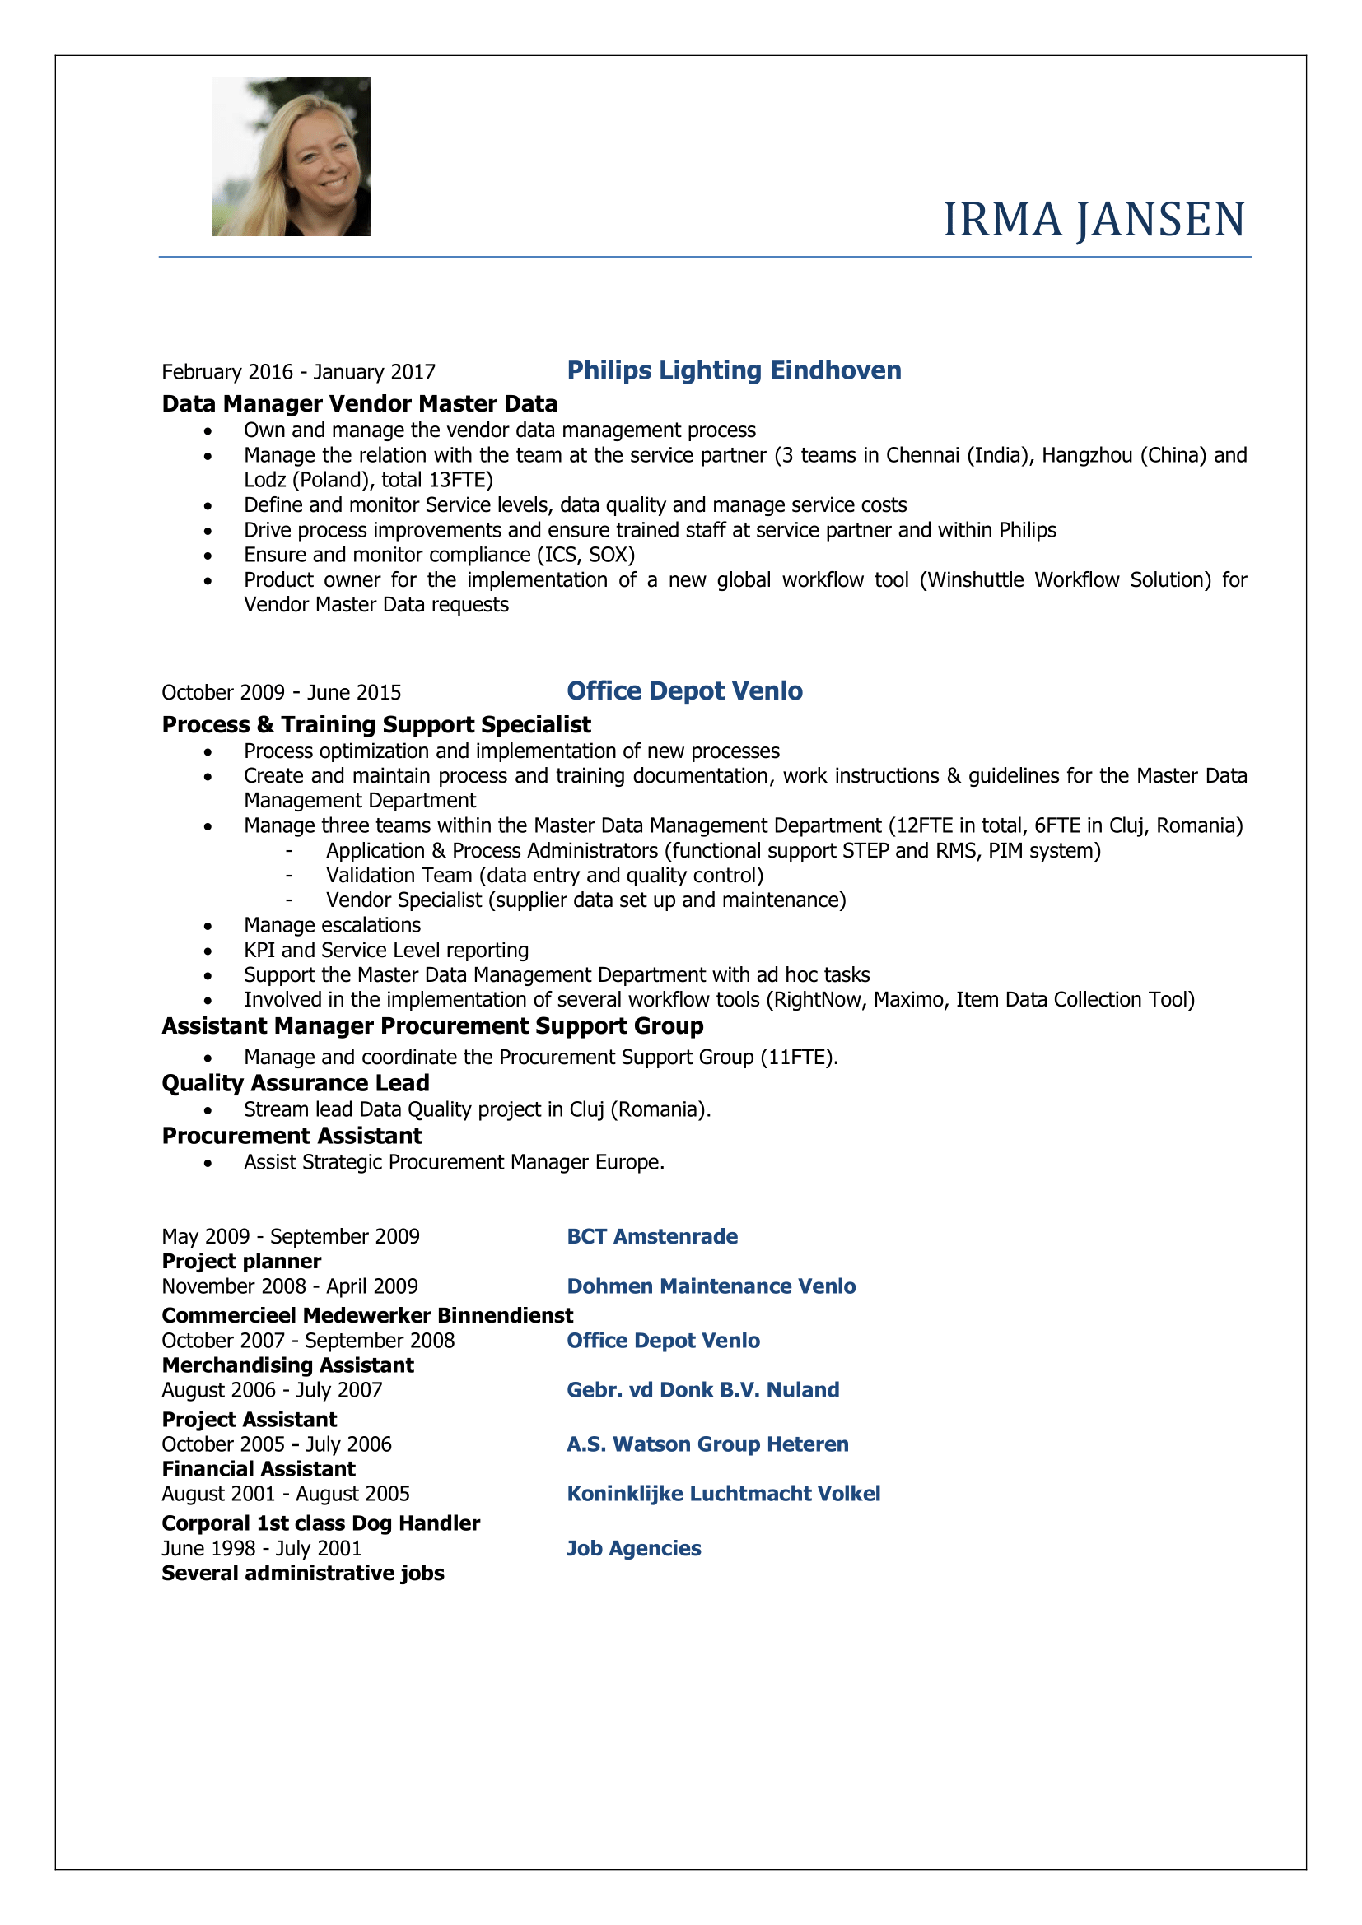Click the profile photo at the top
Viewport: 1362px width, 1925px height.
tap(291, 157)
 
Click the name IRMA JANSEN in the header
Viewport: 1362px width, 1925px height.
tap(1094, 220)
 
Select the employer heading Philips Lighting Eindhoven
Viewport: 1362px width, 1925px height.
tap(734, 370)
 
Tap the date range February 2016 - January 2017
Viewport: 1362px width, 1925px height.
tap(299, 372)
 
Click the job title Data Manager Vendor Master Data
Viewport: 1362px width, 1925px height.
tap(359, 404)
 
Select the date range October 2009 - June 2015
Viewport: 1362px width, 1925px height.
tap(281, 692)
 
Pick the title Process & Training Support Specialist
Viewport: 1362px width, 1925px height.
tap(375, 724)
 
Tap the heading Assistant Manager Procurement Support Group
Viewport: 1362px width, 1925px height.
tap(432, 1026)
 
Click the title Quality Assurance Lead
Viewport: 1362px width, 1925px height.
tap(296, 1083)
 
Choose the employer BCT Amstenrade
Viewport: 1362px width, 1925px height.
tap(651, 1237)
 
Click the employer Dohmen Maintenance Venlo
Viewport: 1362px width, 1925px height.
tap(711, 1286)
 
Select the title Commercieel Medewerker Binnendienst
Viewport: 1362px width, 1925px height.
tap(367, 1314)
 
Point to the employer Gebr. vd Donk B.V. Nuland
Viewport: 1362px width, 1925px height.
tap(702, 1390)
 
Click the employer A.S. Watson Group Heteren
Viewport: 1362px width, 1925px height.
tap(707, 1444)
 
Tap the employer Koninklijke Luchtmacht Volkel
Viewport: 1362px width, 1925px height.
tap(723, 1493)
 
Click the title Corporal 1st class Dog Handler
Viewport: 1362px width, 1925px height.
tap(320, 1523)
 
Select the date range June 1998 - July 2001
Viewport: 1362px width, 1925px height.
tap(261, 1549)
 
